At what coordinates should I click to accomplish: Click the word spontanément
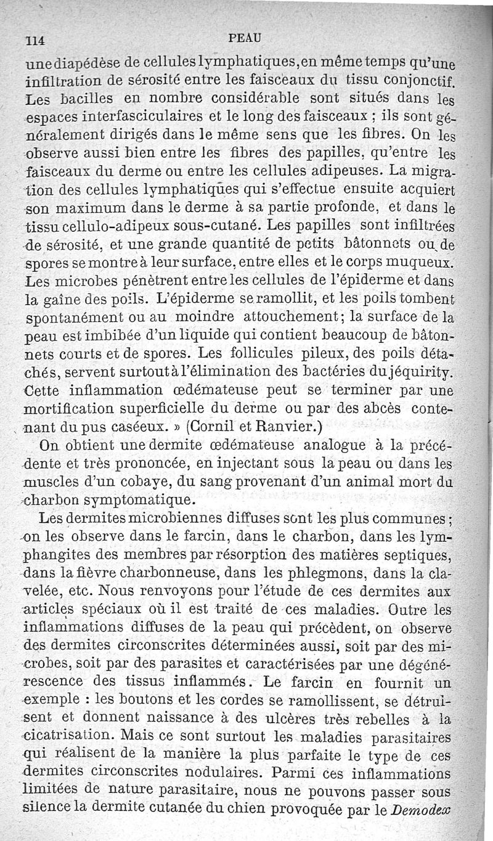pos(76,319)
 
